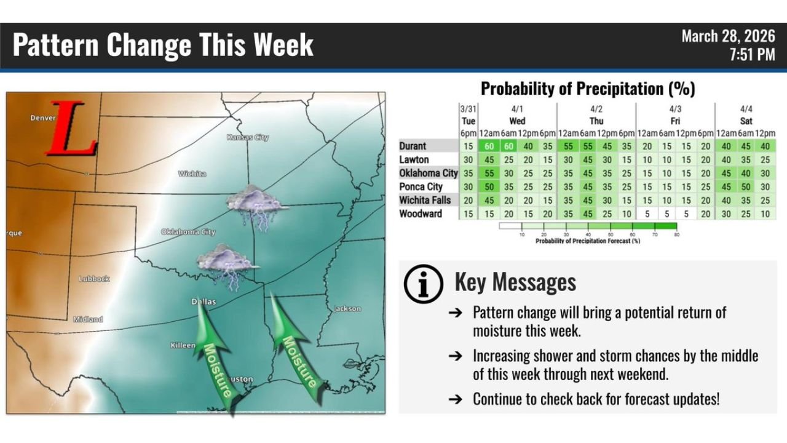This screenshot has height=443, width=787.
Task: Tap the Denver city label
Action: [x=42, y=118]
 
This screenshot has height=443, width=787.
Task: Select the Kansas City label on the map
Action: [x=247, y=137]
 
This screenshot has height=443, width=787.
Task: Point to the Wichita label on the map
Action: [x=192, y=174]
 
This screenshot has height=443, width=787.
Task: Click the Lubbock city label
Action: [x=93, y=279]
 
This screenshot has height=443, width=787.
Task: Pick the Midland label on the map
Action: [x=88, y=319]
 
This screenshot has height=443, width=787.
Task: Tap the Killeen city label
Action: [x=183, y=346]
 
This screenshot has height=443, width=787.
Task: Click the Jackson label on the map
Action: [x=347, y=309]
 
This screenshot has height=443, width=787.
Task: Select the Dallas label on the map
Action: [x=204, y=302]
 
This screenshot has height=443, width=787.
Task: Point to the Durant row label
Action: [x=413, y=146]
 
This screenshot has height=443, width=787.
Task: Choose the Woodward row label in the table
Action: [x=421, y=214]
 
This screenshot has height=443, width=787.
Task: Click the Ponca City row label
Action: [x=421, y=187]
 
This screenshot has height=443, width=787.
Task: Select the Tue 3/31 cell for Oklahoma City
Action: [x=469, y=174]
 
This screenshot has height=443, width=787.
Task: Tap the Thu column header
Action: [x=596, y=121]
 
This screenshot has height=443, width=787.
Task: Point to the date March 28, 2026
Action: [x=728, y=36]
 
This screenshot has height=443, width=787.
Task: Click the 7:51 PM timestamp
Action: [x=752, y=55]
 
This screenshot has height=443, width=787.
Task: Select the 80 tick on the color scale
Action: [x=676, y=235]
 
